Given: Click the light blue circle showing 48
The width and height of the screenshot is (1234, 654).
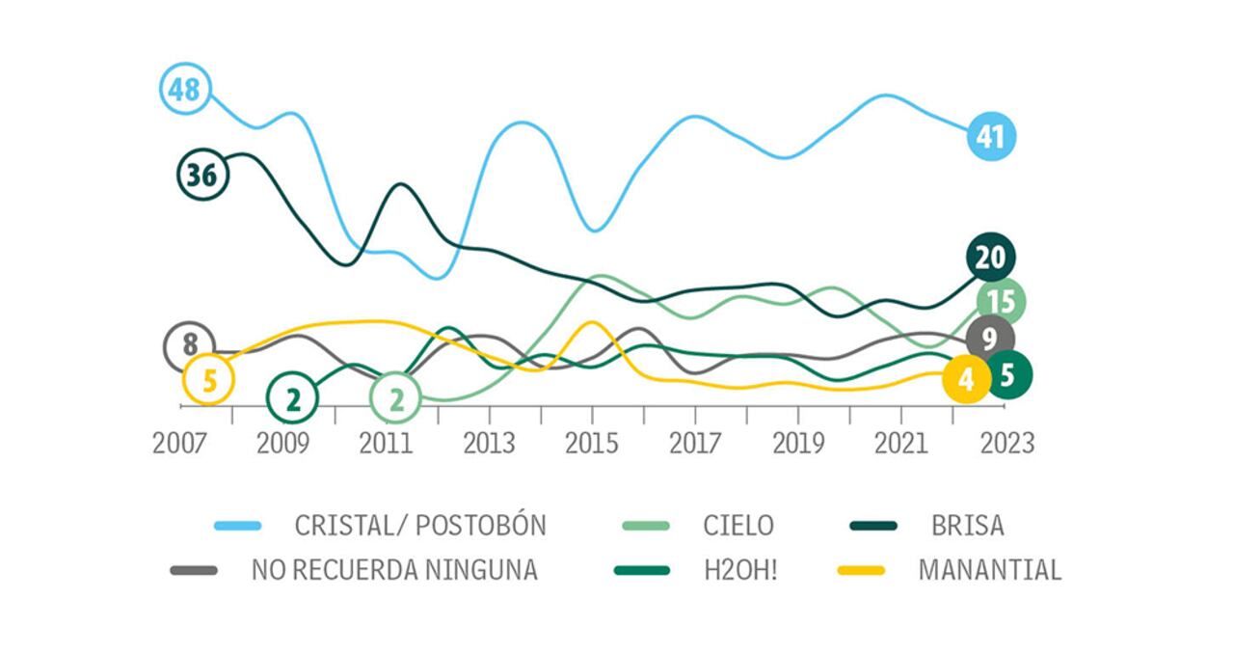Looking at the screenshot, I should click(x=183, y=90).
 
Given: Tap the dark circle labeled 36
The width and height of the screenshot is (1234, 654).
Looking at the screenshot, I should click(x=202, y=175).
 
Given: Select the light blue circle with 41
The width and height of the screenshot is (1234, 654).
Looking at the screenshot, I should click(x=991, y=137).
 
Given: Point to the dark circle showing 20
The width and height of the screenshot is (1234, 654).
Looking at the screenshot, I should click(x=990, y=258).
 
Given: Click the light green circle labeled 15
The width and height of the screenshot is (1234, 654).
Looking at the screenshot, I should click(x=1001, y=302).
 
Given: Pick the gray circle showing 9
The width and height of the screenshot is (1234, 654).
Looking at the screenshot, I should click(x=989, y=339).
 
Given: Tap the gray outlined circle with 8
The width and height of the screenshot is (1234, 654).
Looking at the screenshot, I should click(x=189, y=344).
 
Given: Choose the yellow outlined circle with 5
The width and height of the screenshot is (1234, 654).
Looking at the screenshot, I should click(x=208, y=379).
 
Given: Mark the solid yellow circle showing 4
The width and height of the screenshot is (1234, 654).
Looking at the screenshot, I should click(x=966, y=379).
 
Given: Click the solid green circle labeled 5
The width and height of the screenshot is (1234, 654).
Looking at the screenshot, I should click(x=1007, y=374).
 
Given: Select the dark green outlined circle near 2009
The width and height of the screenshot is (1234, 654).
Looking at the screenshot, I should click(x=292, y=398).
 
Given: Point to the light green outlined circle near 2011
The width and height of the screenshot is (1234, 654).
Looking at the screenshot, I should click(x=395, y=398).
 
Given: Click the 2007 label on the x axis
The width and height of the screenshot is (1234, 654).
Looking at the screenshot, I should click(x=179, y=443).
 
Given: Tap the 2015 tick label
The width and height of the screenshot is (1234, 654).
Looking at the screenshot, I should click(x=592, y=443).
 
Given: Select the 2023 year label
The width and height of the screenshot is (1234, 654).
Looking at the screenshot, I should click(x=1006, y=443).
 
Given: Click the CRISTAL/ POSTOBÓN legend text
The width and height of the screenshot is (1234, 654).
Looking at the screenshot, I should click(x=420, y=526).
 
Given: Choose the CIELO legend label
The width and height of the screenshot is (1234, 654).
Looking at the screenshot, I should click(x=738, y=526).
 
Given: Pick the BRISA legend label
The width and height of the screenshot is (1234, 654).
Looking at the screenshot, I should click(x=967, y=526).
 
